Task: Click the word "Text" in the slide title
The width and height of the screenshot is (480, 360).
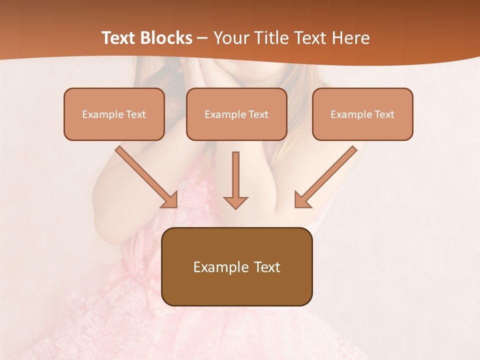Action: point(119,38)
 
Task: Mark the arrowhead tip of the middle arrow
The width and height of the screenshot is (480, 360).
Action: point(235,208)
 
